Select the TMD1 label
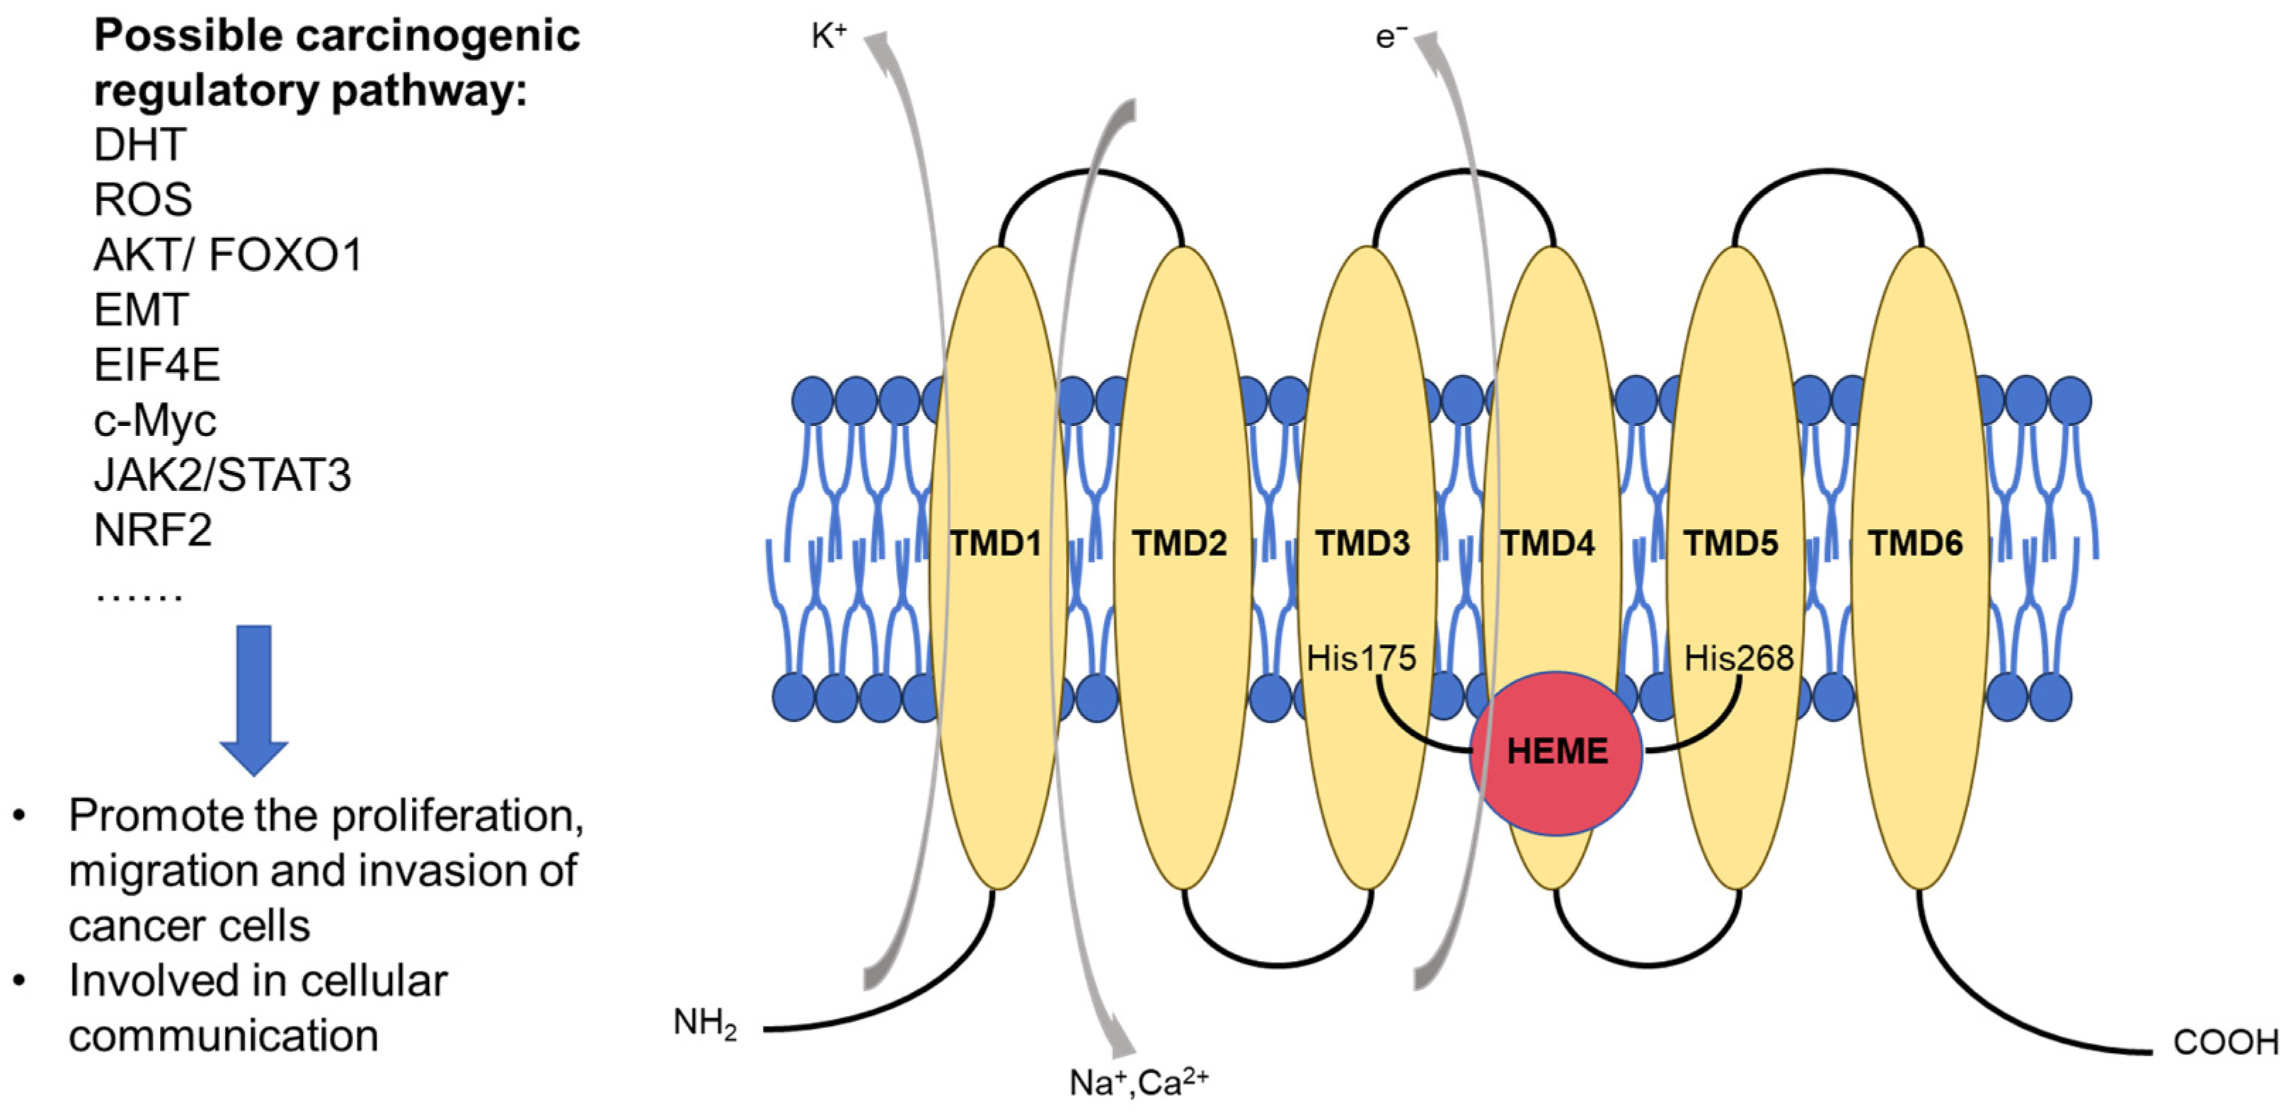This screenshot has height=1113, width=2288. [996, 543]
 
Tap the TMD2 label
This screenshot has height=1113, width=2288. [1180, 543]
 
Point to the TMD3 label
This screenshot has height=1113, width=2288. [1362, 543]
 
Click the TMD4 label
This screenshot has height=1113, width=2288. [1547, 543]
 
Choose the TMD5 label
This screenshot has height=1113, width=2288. [1731, 543]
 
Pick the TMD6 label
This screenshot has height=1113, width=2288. [1915, 543]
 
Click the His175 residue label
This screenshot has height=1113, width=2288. [1361, 658]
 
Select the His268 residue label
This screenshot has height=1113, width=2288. [1738, 658]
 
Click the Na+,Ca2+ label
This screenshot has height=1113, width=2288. [1139, 1082]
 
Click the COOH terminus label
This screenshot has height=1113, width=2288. [2225, 1042]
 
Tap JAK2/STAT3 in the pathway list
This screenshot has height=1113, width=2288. [222, 475]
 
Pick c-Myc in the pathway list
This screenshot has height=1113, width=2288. [154, 420]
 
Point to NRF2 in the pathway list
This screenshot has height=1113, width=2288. [153, 530]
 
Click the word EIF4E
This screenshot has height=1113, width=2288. [157, 365]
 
